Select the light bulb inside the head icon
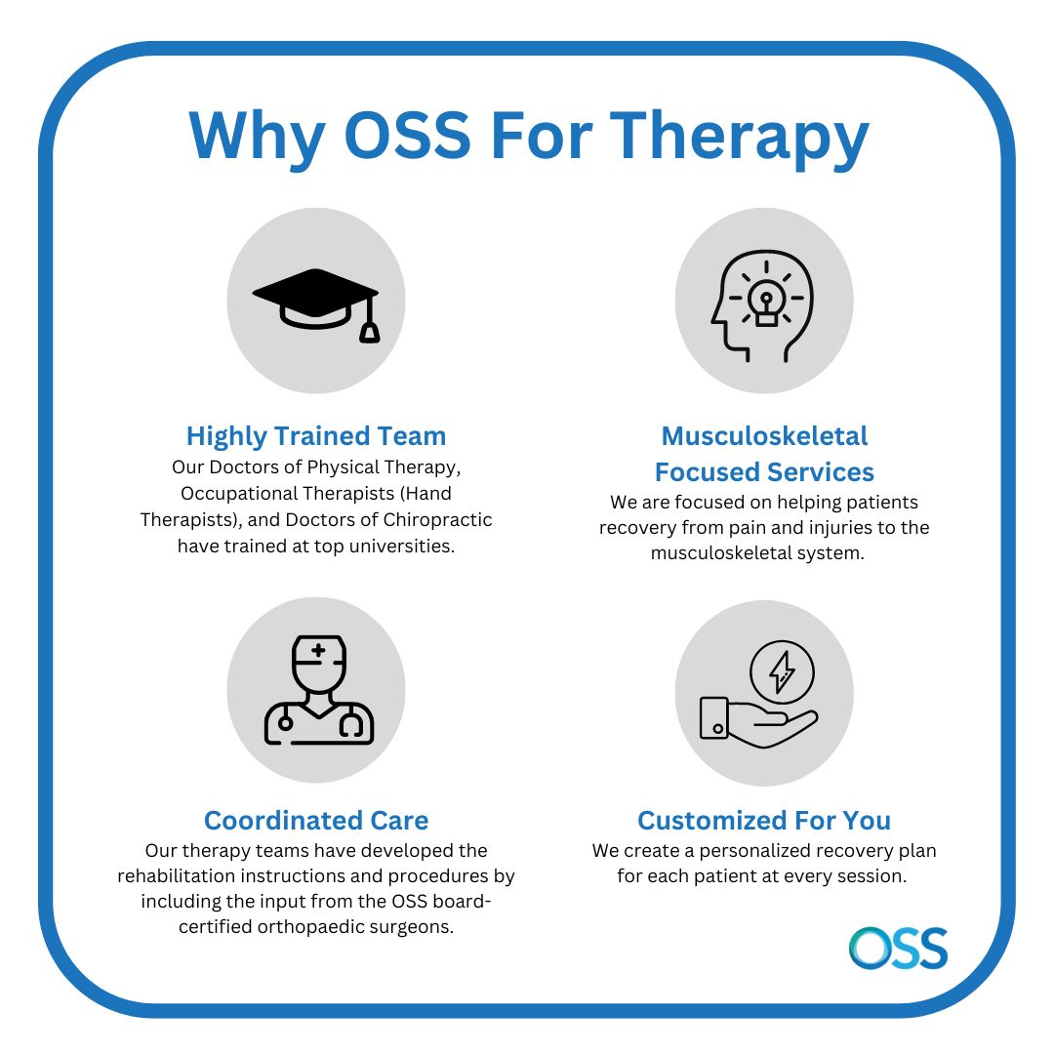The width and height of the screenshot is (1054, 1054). click(766, 303)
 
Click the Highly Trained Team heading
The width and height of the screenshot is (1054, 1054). click(316, 436)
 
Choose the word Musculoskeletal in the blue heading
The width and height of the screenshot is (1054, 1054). click(764, 436)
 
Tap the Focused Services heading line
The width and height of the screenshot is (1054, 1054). click(764, 472)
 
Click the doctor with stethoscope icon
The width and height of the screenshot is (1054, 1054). click(318, 690)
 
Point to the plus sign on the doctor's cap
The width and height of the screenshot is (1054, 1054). click(318, 650)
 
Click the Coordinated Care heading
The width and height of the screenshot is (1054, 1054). click(316, 821)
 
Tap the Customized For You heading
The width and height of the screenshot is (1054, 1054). click(764, 821)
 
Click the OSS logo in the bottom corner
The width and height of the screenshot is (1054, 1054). click(898, 949)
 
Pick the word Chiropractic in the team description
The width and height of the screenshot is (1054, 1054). click(437, 520)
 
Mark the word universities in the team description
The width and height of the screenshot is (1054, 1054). click(402, 546)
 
